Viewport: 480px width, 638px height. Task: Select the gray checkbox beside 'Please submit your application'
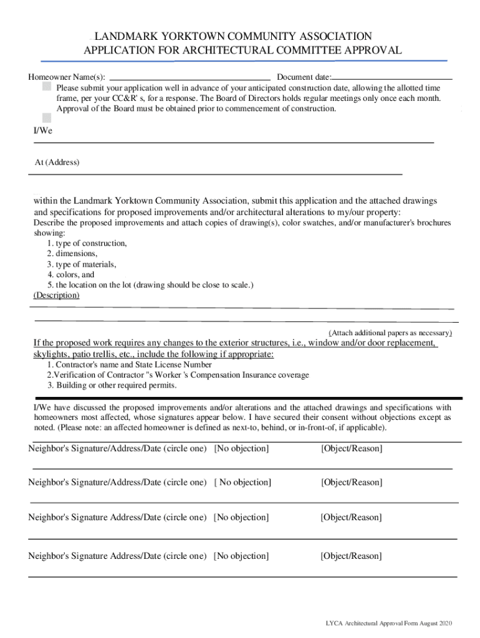(47, 88)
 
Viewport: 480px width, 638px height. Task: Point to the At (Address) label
(57, 163)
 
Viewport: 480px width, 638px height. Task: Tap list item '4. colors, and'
(70, 275)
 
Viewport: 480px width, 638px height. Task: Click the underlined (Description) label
(56, 295)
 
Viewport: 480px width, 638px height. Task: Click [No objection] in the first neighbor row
(241, 449)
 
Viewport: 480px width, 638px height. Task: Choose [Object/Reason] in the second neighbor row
(352, 482)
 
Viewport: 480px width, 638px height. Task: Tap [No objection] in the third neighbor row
(241, 517)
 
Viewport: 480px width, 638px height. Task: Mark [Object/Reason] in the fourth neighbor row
(351, 556)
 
